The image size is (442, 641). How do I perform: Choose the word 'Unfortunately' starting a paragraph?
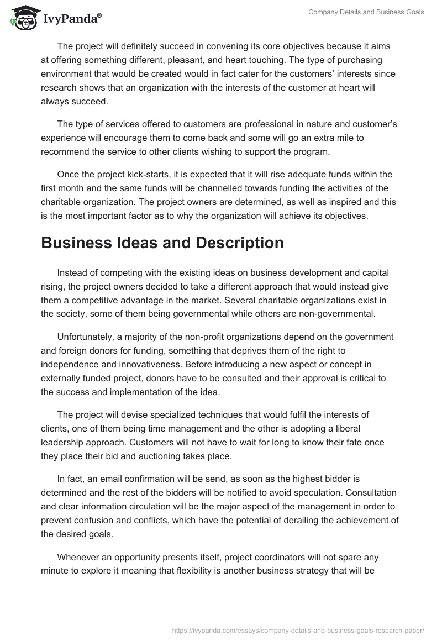pyautogui.click(x=85, y=337)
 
